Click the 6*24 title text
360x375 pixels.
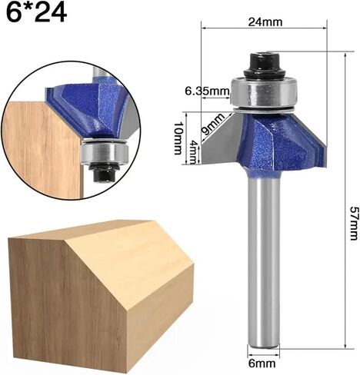pyautogui.click(x=36, y=12)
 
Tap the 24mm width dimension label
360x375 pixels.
pyautogui.click(x=265, y=22)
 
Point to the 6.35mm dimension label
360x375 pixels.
pyautogui.click(x=207, y=91)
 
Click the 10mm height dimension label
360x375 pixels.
pyautogui.click(x=178, y=138)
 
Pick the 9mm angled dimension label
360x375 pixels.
pyautogui.click(x=212, y=124)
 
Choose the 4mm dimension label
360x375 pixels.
pyautogui.click(x=193, y=153)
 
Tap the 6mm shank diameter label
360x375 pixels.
pyautogui.click(x=262, y=363)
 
